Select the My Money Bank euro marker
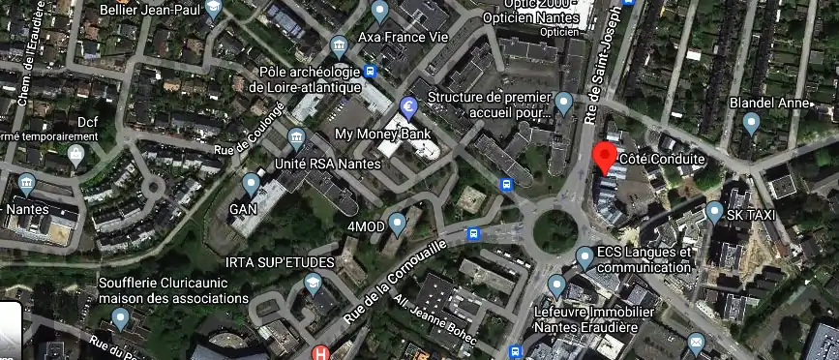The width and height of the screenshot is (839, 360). [408, 106]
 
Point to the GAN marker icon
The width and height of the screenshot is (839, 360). [252, 183]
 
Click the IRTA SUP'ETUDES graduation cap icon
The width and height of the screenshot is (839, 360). [313, 285]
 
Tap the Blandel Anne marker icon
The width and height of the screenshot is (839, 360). [752, 123]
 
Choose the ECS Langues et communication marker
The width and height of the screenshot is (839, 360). [584, 257]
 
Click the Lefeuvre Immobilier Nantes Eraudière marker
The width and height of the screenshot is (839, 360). [556, 285]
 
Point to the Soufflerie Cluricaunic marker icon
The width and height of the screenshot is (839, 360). [121, 318]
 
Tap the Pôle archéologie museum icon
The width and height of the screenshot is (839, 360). [339, 45]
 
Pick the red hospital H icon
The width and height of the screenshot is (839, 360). [320, 353]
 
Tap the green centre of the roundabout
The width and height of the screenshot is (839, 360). [555, 229]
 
